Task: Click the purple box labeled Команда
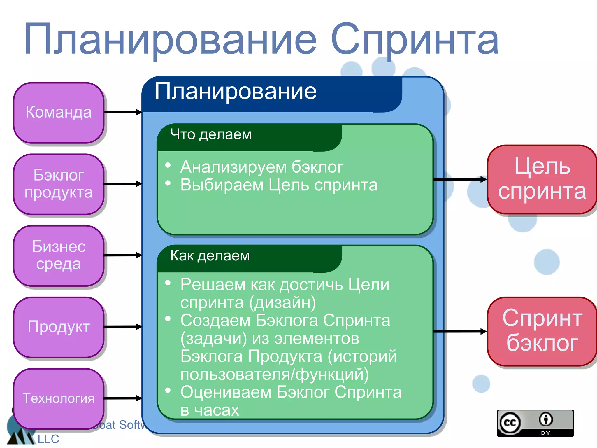[59, 113]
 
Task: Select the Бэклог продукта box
[59, 184]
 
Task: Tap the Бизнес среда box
[59, 256]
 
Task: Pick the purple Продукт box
[59, 327]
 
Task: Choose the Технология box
[59, 398]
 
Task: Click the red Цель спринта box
[542, 179]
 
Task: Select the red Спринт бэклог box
[542, 331]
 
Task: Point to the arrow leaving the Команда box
[123, 112]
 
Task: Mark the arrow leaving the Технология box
[123, 398]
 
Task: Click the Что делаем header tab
[211, 135]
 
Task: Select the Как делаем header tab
[210, 256]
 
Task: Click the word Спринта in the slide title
[415, 39]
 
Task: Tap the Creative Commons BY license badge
[535, 423]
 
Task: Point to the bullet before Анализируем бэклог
[168, 165]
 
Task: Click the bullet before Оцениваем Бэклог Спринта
[168, 390]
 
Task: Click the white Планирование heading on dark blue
[236, 91]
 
